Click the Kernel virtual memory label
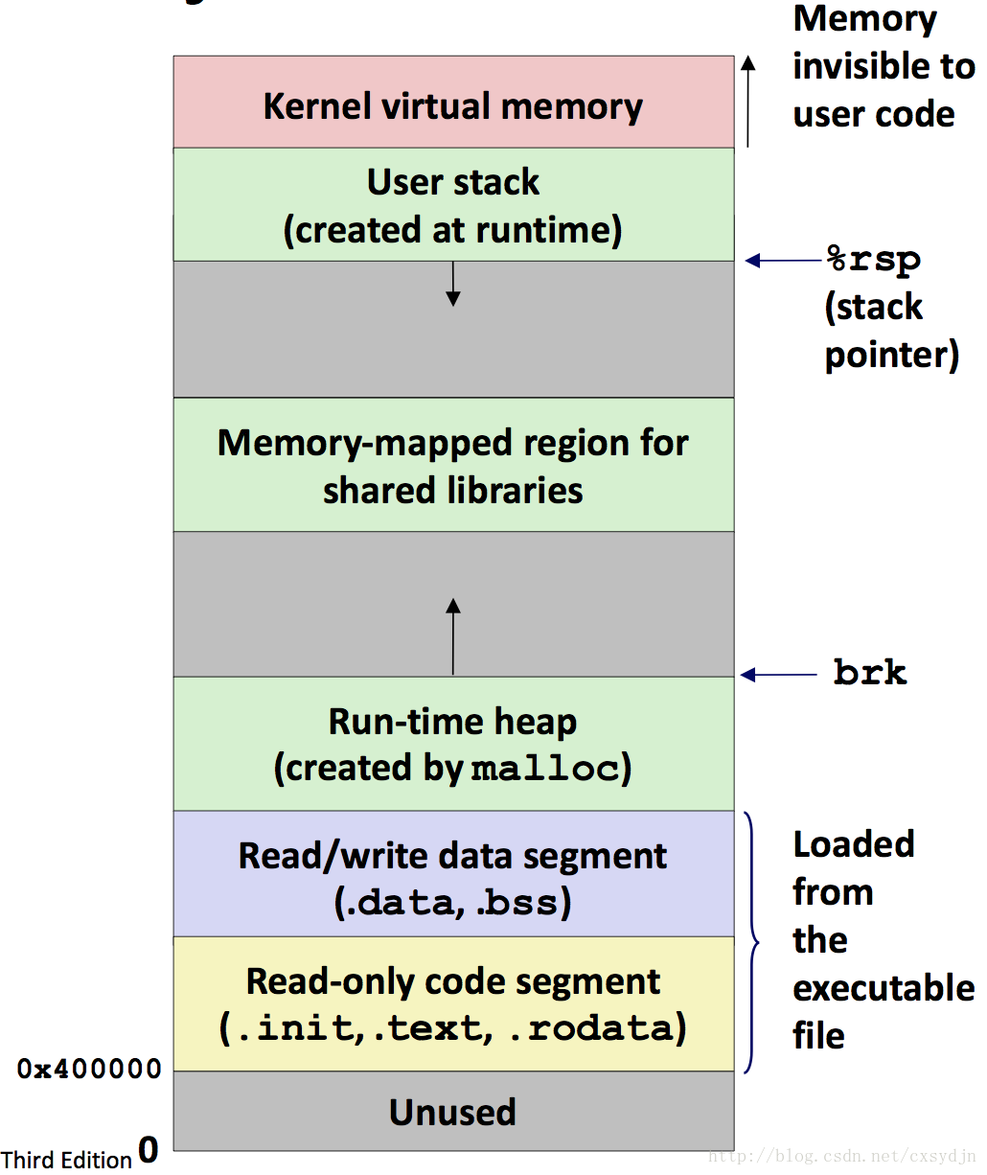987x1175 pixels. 453,107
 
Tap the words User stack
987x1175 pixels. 453,182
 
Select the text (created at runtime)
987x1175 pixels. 453,230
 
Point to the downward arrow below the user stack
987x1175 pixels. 453,285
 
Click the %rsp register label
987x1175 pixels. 873,261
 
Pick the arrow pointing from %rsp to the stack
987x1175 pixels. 783,261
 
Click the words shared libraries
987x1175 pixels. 453,491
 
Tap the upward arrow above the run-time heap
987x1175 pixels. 453,635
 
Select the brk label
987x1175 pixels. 870,672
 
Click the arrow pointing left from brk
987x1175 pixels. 778,675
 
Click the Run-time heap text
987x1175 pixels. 453,722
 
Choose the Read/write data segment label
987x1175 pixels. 453,857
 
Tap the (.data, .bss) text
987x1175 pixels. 453,903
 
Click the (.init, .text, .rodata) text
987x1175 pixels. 453,1028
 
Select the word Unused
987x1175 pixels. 453,1113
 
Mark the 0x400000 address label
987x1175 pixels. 89,1069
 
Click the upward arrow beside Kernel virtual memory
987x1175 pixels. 747,102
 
